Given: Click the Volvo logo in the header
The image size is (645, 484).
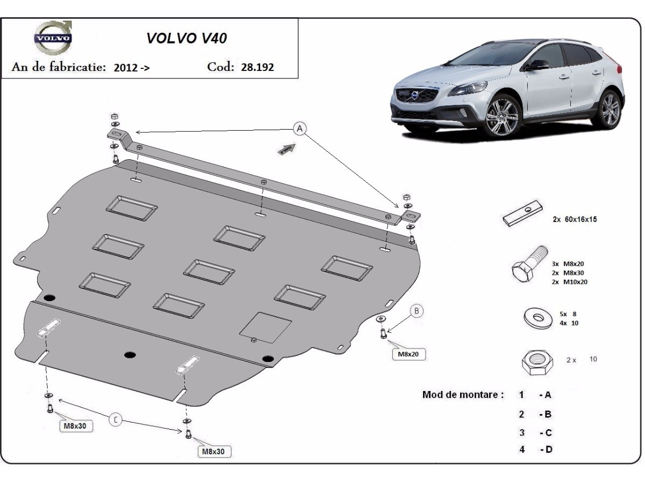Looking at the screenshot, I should (53, 39).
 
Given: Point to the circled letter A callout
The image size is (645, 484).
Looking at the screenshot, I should (300, 128).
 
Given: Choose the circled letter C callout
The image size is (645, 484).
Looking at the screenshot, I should (116, 419).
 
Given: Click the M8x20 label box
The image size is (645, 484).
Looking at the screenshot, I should (408, 354).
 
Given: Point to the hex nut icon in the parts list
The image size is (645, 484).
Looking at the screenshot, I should (537, 362).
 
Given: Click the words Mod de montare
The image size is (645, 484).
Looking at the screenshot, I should (463, 395).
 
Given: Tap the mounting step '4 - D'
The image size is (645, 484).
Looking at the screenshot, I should (535, 450).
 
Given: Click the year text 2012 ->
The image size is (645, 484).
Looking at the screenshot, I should (132, 68).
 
